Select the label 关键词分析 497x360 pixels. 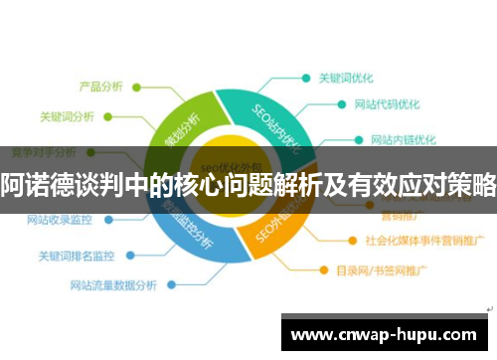67,116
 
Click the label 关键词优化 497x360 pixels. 349,77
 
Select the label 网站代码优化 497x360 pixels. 386,103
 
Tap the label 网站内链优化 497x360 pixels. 402,138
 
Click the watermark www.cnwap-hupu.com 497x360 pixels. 385,333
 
